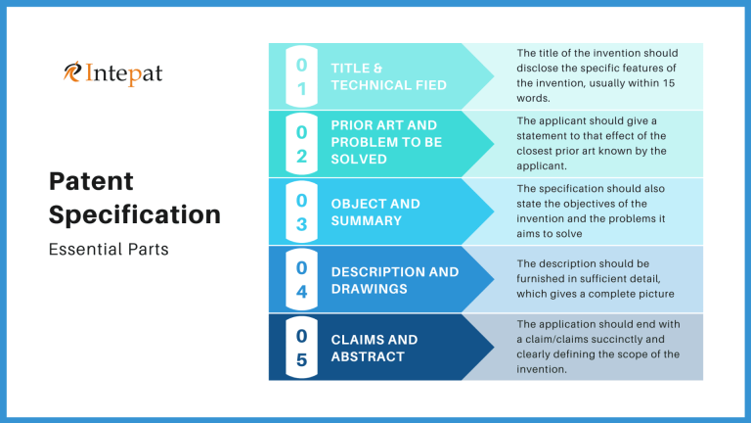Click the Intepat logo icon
click(x=72, y=71)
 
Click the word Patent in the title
click(x=91, y=181)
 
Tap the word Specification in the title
click(x=134, y=214)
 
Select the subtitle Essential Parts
click(x=108, y=249)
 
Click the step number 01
click(x=301, y=76)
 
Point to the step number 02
click(x=301, y=144)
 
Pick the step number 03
click(x=301, y=211)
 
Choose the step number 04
click(x=301, y=279)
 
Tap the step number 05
click(x=301, y=348)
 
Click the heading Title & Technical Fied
click(x=388, y=76)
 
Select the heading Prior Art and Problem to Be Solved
click(x=386, y=142)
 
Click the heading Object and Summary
click(x=375, y=211)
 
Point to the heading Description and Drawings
click(x=395, y=280)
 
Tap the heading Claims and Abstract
click(x=375, y=348)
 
